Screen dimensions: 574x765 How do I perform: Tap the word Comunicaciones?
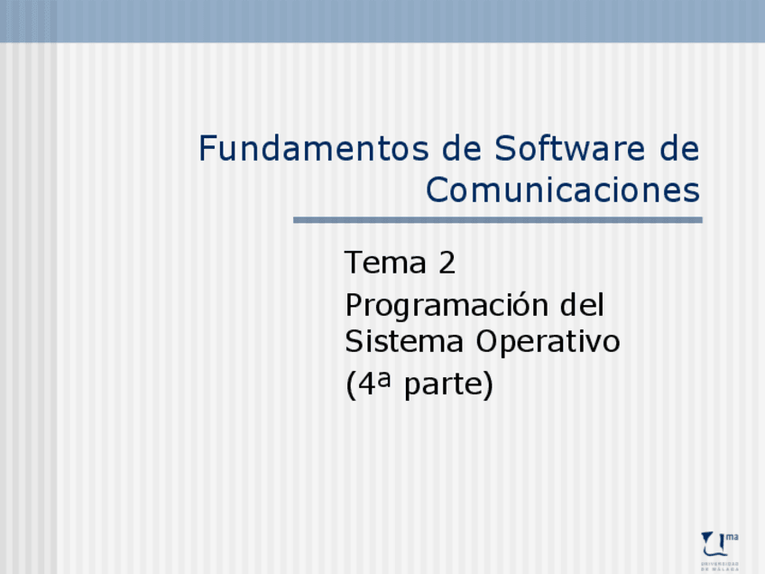[562, 191]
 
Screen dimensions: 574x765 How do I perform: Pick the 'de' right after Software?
[679, 149]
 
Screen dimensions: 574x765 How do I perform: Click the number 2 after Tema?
[447, 264]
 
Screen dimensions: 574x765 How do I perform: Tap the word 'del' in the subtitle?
[583, 305]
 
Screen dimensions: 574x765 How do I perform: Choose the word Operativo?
[548, 343]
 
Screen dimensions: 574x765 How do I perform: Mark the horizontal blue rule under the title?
[497, 220]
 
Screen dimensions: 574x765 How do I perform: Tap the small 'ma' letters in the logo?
[732, 537]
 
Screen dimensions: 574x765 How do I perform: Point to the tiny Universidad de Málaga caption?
[720, 566]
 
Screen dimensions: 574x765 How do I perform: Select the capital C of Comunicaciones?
[438, 191]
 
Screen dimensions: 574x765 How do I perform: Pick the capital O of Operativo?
[488, 343]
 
